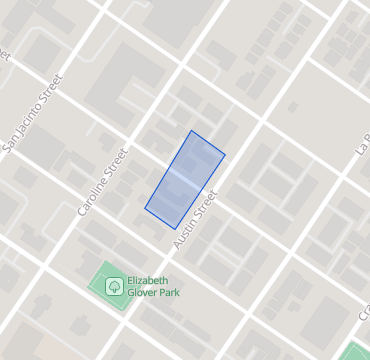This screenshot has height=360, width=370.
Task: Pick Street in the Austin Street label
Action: pyautogui.click(x=204, y=208)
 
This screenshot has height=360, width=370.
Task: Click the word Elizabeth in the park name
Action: pyautogui.click(x=147, y=281)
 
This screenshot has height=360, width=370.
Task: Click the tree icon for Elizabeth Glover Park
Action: pyautogui.click(x=114, y=286)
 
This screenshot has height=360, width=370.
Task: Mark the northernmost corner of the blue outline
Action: pyautogui.click(x=192, y=130)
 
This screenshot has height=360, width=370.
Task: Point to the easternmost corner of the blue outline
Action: pyautogui.click(x=225, y=154)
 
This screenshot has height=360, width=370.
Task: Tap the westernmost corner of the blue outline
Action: pyautogui.click(x=145, y=209)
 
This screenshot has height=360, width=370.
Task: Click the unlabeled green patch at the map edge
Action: pyautogui.click(x=358, y=352)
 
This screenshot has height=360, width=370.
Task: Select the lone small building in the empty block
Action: pyautogui.click(x=294, y=103)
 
